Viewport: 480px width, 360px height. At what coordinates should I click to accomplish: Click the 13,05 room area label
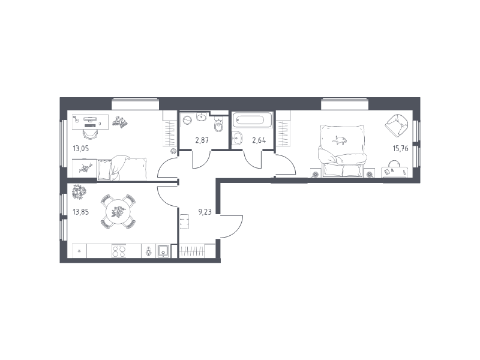tap(80, 149)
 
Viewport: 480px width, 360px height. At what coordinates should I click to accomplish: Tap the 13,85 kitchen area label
tap(80, 212)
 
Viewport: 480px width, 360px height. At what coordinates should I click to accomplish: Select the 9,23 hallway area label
tap(205, 212)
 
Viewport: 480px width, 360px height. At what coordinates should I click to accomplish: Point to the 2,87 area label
tap(202, 140)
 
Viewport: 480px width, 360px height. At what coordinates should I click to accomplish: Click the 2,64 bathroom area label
tap(259, 140)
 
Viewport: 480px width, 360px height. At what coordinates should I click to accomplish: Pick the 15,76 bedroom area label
tap(400, 149)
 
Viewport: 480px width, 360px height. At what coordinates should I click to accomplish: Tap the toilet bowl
tap(219, 125)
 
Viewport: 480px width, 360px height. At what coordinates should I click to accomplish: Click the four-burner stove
tap(119, 251)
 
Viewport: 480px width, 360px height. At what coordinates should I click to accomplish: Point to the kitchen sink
tap(164, 251)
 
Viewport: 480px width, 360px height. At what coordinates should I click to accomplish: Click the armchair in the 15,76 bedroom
tap(397, 125)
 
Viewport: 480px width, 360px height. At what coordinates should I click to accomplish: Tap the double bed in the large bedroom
tap(342, 151)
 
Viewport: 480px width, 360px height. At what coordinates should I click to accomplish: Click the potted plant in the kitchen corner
tap(79, 192)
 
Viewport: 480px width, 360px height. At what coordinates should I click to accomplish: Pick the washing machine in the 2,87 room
tap(187, 119)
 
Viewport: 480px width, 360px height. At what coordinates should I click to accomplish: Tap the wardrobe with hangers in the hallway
tap(192, 251)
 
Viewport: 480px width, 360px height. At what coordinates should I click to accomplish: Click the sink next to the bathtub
tap(236, 139)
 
